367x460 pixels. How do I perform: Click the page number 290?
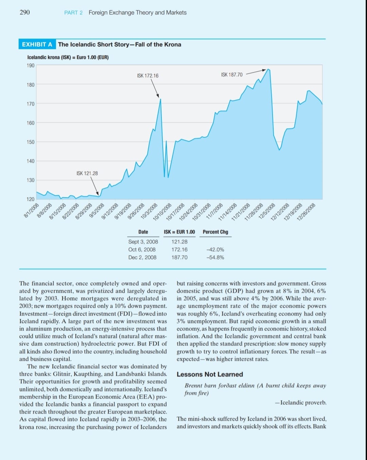[25, 12]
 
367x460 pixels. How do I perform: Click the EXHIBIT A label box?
[37, 44]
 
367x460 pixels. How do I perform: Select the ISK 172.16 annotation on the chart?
[147, 76]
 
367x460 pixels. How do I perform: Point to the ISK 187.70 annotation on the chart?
[232, 75]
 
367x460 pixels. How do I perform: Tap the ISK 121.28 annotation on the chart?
[87, 173]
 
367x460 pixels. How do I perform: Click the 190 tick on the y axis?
[31, 65]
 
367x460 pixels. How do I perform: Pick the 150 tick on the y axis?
[31, 142]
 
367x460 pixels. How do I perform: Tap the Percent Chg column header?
[215, 232]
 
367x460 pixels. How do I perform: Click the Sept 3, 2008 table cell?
[143, 242]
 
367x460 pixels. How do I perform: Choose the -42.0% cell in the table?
[215, 249]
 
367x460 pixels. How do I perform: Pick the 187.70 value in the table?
[179, 257]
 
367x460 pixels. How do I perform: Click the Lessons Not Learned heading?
[210, 374]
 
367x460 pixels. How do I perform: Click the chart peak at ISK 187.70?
[268, 69]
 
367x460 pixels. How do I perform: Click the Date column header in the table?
[143, 232]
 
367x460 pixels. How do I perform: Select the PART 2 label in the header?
[73, 13]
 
